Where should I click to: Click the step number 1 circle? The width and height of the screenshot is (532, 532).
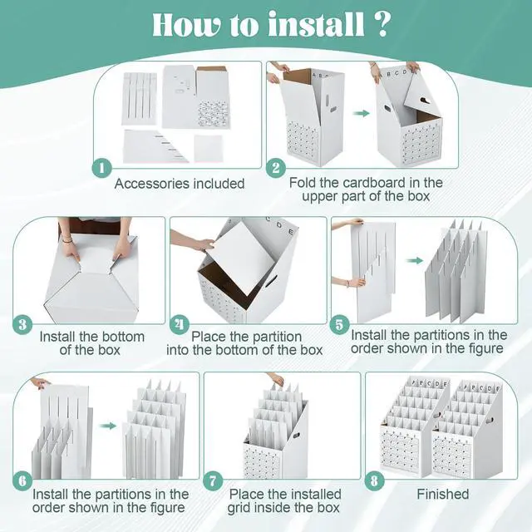102,168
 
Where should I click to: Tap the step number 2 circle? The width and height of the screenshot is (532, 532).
276,168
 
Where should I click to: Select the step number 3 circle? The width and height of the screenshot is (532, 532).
22,325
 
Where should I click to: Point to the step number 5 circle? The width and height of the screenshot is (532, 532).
340,325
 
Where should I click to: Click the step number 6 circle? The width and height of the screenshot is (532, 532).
22,480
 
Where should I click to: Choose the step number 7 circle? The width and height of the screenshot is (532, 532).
213,480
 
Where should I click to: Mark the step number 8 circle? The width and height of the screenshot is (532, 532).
374,480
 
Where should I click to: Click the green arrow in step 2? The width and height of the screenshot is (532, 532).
361,113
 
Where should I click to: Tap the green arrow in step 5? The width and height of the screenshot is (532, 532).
415,260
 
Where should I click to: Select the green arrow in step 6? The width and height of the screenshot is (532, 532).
108,426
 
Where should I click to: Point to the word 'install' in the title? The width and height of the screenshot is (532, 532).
316,24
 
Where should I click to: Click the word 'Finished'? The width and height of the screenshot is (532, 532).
443,494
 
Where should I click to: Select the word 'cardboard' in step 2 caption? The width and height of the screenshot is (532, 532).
374,183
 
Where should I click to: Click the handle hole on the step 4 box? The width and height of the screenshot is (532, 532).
270,281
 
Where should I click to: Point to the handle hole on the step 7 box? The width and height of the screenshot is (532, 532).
296,435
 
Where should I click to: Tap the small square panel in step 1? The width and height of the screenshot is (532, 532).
209,148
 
